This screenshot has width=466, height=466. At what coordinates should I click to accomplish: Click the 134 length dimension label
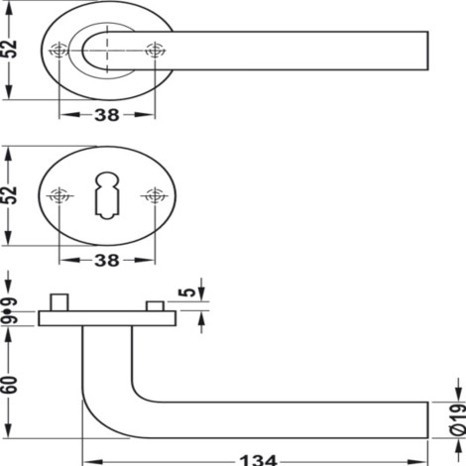point(258,460)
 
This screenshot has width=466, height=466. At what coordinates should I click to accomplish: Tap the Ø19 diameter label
point(458,419)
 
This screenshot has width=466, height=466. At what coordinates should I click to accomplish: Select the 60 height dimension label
point(9,385)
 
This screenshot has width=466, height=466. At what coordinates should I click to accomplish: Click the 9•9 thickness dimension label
point(9,311)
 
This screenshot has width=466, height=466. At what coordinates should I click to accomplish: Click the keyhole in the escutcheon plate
point(107,195)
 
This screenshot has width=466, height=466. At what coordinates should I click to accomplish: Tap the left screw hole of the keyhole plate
point(59,195)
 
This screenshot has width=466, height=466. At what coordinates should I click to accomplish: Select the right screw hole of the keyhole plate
point(155,195)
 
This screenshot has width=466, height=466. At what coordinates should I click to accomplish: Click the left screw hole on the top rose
point(58,51)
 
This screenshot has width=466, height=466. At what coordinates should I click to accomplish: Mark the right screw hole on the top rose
point(155,51)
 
